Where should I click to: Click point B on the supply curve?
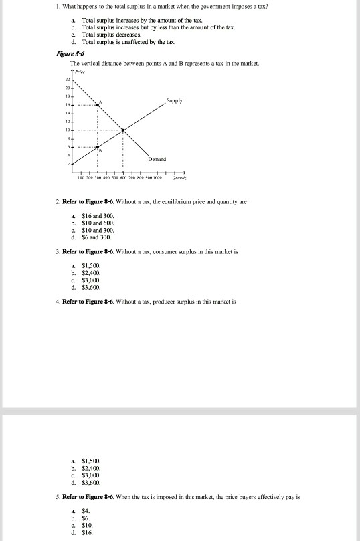(x=98, y=147)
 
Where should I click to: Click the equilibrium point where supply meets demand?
(x=122, y=130)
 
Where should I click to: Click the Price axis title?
(x=81, y=70)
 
